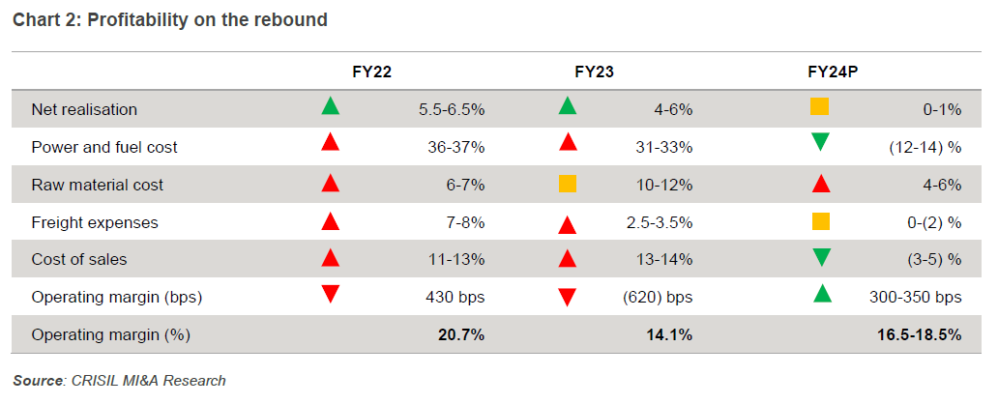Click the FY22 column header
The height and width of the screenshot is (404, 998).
pos(371,72)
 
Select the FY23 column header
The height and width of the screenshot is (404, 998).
pos(594,72)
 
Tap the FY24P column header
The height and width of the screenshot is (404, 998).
pos(834,72)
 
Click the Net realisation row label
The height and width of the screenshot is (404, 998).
pos(84,109)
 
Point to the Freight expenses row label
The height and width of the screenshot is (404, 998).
pos(95,222)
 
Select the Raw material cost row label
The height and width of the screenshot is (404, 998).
pos(98,185)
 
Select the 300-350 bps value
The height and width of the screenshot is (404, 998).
pos(914,298)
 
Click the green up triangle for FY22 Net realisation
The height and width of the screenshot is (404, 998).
pos(331,106)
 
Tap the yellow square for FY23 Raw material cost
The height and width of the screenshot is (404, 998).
pos(568,184)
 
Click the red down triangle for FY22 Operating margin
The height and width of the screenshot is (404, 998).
pos(331,294)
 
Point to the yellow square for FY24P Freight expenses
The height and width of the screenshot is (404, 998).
pos(820,220)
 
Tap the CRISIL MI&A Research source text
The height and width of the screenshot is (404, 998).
pos(148,380)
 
